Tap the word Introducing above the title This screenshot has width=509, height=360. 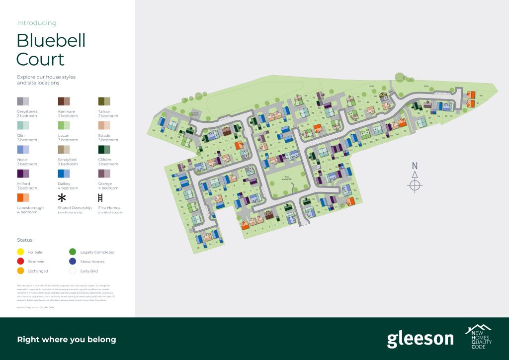(x=37, y=23)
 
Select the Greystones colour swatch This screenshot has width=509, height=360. (x=23, y=101)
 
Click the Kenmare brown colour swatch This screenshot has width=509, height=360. (x=64, y=101)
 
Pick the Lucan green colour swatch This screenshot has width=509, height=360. (x=64, y=125)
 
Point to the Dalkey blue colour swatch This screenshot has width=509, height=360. (x=64, y=173)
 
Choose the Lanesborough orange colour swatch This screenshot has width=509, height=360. (x=23, y=197)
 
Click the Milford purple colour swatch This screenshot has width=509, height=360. (x=23, y=173)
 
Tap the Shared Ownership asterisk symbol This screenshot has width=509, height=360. (x=62, y=198)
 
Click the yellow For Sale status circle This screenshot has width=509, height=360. (x=21, y=252)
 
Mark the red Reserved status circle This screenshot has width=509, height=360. (x=21, y=262)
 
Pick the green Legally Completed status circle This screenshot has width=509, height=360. (x=73, y=252)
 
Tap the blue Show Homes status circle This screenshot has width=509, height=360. (x=73, y=262)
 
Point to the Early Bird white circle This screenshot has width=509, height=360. (x=73, y=271)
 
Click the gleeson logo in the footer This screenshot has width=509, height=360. (x=420, y=339)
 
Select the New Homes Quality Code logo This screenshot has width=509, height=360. (x=478, y=337)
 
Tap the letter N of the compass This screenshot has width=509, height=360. (x=415, y=166)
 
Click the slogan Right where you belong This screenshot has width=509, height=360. (x=67, y=340)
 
